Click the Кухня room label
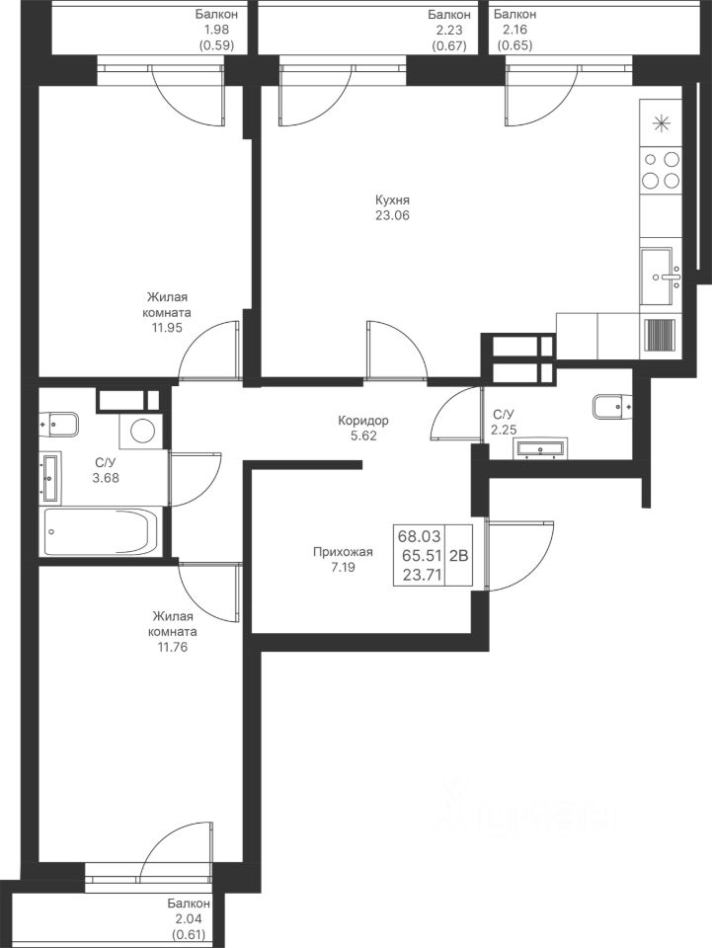tap(392, 200)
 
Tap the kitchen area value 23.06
tap(392, 215)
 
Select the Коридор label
tap(362, 421)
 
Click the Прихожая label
tap(343, 552)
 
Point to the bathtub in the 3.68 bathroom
tap(101, 531)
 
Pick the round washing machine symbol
tap(142, 432)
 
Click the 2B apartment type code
tap(459, 555)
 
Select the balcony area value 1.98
tap(216, 30)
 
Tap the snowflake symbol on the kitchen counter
tap(662, 123)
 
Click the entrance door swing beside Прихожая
tap(519, 554)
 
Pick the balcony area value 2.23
tap(449, 30)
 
